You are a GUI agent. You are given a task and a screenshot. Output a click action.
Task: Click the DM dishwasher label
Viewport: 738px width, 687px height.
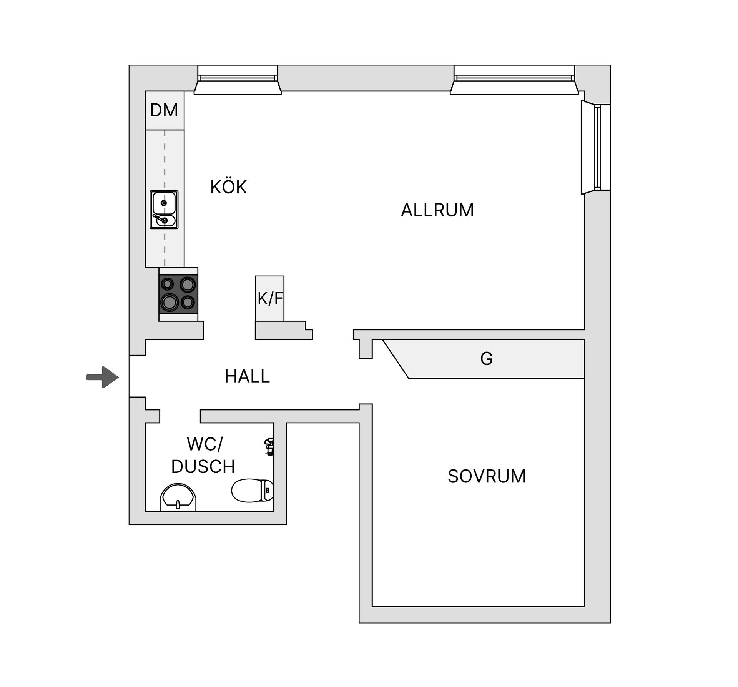coord(164,110)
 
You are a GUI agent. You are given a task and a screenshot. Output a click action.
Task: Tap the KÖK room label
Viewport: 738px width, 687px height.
coord(228,187)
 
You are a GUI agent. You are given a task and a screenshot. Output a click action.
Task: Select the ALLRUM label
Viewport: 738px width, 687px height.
coord(437,210)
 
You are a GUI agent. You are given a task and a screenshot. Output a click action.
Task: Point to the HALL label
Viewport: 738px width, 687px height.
coord(247,376)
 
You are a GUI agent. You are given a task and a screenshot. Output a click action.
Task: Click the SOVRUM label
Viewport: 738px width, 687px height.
coord(487,476)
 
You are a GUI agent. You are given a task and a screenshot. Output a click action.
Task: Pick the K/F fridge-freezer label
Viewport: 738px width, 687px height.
coord(270,298)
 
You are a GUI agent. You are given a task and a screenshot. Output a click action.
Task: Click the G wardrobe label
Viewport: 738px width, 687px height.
coord(487,359)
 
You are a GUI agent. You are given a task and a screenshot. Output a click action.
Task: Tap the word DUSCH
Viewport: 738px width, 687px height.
coord(203,467)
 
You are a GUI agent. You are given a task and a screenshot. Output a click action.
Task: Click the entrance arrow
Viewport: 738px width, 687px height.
coord(102,377)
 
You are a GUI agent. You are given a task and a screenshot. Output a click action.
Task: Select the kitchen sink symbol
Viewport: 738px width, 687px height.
coord(164,210)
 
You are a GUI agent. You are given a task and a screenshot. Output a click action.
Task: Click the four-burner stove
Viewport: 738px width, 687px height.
coord(179,294)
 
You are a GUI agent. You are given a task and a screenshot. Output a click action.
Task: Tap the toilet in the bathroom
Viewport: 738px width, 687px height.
coord(253,491)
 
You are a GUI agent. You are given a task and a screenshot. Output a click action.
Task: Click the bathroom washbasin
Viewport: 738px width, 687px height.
coord(178,497)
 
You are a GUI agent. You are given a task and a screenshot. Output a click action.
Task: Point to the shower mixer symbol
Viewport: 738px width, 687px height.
coord(269,447)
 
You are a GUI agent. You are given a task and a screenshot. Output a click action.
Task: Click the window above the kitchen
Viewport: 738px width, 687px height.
coord(238,80)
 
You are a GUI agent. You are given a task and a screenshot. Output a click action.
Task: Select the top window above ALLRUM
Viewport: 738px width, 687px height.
coord(514,80)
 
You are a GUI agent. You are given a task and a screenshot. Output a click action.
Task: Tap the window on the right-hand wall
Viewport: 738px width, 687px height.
coord(595,148)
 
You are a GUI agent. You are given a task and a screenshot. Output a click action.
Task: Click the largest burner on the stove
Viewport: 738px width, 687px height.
coord(170,302)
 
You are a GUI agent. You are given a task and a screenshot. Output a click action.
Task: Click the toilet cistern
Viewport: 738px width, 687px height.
coord(268,491)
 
